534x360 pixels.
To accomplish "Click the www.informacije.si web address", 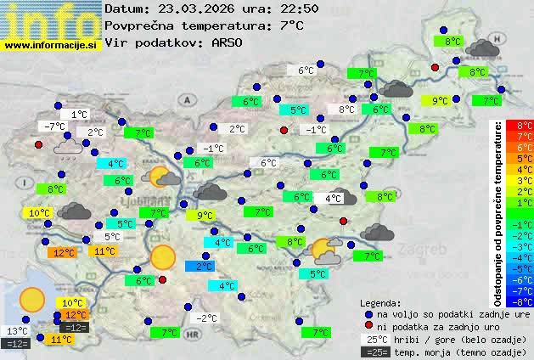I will (x=51, y=45).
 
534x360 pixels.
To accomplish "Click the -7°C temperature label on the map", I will (x=53, y=127).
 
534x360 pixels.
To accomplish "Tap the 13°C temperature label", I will (x=17, y=331).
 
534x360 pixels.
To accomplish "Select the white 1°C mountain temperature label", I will (x=80, y=114).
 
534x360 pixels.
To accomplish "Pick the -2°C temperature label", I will (x=207, y=318).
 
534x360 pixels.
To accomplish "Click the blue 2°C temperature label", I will (x=205, y=267).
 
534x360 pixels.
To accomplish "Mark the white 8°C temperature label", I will (x=346, y=110).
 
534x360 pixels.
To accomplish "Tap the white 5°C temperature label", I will (x=112, y=237).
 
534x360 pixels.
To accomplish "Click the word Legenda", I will (x=380, y=302).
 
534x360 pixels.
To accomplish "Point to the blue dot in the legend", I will (x=369, y=313).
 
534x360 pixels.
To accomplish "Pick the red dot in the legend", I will (x=369, y=326).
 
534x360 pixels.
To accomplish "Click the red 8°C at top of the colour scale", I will (x=525, y=126).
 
